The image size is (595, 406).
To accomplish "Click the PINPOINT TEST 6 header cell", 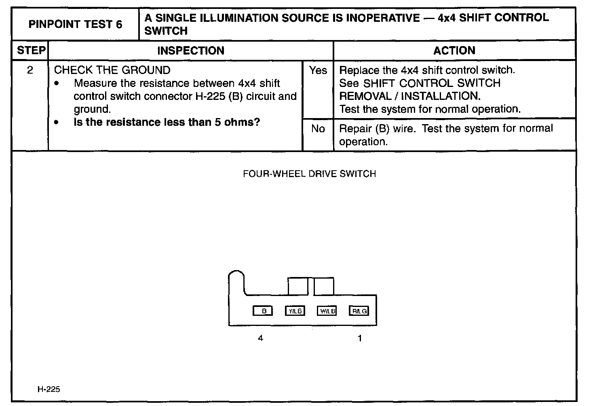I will (x=75, y=24).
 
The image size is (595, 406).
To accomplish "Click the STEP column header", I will (x=31, y=51).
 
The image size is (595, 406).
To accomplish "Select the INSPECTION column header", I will (x=190, y=51).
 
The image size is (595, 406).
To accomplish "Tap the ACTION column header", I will (x=454, y=51).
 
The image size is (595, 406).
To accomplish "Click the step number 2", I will (x=30, y=70).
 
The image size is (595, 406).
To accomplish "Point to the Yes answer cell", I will (x=318, y=70).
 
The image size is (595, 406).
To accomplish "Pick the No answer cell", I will (x=318, y=129).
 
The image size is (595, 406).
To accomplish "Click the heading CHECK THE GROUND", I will (x=112, y=70).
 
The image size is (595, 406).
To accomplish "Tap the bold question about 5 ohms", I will (x=167, y=122).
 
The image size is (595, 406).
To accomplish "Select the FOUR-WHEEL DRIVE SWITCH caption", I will (x=309, y=174).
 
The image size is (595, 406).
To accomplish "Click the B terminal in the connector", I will (x=263, y=311).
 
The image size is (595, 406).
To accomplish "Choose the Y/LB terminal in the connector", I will (x=295, y=311).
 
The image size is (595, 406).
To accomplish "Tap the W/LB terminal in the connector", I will (x=327, y=311).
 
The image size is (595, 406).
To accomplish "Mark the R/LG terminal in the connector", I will (x=359, y=311).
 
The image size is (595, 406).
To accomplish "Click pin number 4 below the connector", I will (x=260, y=338).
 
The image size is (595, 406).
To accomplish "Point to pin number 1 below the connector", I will (x=360, y=338).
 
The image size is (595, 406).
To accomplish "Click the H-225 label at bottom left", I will (x=49, y=389).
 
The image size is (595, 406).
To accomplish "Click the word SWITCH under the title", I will (x=166, y=31).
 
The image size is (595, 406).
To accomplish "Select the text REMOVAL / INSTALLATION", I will (x=409, y=96).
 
